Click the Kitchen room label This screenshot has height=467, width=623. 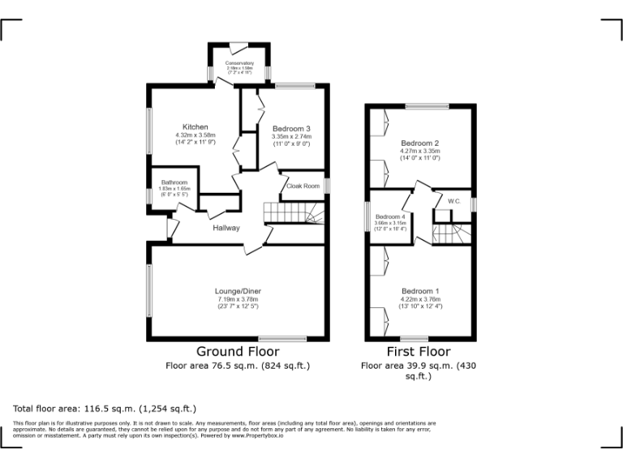(195, 127)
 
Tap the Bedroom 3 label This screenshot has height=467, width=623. (291, 129)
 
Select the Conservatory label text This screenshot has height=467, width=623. (239, 63)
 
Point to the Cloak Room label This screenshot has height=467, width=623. (303, 186)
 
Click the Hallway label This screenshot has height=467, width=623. (226, 228)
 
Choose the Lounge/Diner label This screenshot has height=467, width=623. (238, 291)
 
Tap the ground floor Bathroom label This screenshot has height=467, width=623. (174, 182)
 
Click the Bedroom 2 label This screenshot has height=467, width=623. (419, 143)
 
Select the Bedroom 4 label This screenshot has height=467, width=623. (390, 216)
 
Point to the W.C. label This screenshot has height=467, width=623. (454, 200)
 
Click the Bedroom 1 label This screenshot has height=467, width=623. (420, 291)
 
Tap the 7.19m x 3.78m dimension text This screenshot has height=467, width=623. (238, 299)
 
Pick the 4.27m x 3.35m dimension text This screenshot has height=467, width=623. (419, 151)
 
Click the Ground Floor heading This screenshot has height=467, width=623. (238, 352)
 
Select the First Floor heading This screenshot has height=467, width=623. (419, 352)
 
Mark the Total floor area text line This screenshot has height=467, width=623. (105, 409)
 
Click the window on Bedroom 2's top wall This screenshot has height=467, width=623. (427, 106)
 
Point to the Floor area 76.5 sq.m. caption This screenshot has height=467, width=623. (238, 366)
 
